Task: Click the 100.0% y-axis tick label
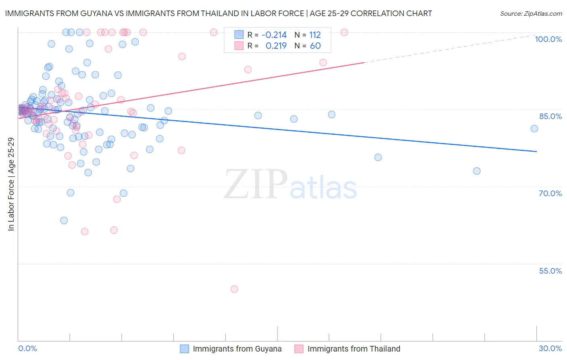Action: pyautogui.click(x=548, y=39)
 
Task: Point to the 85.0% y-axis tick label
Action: pyautogui.click(x=550, y=116)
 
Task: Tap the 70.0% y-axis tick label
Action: pyautogui.click(x=550, y=193)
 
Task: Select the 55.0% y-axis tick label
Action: pyautogui.click(x=550, y=270)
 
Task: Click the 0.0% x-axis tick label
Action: pyautogui.click(x=27, y=348)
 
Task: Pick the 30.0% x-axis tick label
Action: pyautogui.click(x=550, y=348)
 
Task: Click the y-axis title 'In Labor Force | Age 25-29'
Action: pyautogui.click(x=11, y=184)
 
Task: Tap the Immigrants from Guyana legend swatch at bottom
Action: pyautogui.click(x=184, y=349)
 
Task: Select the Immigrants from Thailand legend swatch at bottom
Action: pyautogui.click(x=299, y=349)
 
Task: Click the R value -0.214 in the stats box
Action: pyautogui.click(x=274, y=35)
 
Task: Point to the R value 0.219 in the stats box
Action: pyautogui.click(x=276, y=46)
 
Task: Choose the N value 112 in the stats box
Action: pyautogui.click(x=315, y=35)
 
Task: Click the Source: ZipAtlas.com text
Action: pyautogui.click(x=531, y=13)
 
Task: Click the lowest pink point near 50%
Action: pyautogui.click(x=234, y=289)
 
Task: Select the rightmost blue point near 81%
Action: pyautogui.click(x=534, y=129)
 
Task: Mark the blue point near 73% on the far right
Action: pyautogui.click(x=477, y=171)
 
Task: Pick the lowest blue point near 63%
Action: pyautogui.click(x=64, y=220)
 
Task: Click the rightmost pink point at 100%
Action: pyautogui.click(x=344, y=32)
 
